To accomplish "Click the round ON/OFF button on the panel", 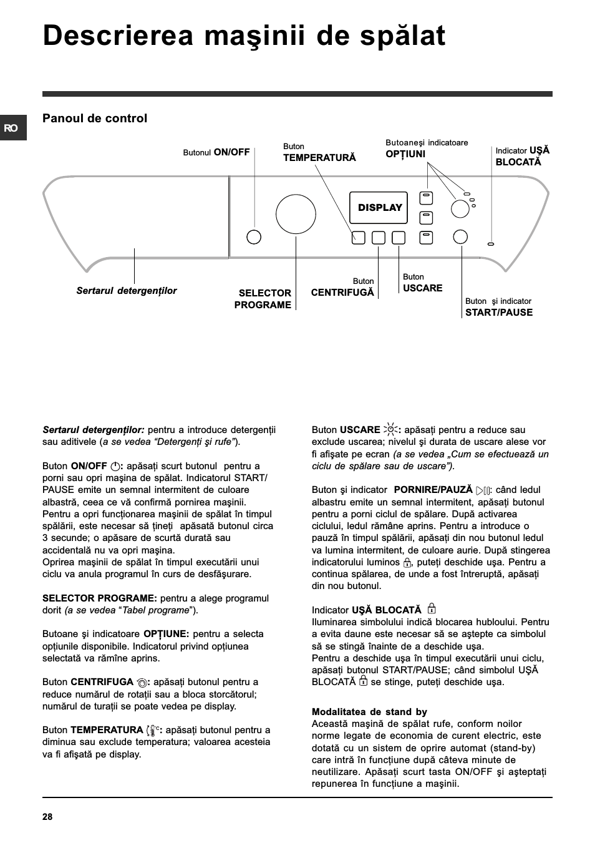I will point(254,237).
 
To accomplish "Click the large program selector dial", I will point(296,214).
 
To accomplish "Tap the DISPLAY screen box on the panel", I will point(379,208).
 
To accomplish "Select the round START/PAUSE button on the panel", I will point(460,236).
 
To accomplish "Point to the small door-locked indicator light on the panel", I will point(491,244).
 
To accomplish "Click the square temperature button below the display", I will point(358,237).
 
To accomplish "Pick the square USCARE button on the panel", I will point(399,237).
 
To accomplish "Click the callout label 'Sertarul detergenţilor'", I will point(127,291).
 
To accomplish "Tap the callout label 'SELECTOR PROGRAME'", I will point(263,299).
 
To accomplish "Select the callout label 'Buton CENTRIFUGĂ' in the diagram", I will point(342,288).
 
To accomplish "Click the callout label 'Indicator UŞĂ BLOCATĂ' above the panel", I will point(523,156).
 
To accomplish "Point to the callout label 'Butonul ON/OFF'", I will point(216,152).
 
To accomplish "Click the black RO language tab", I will point(12,128).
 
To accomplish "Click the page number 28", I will point(47,817).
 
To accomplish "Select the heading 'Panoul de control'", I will point(95,119).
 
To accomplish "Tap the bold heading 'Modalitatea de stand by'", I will point(369,712).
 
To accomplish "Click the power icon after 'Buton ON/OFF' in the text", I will point(115,466).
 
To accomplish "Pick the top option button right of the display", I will point(426,198).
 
